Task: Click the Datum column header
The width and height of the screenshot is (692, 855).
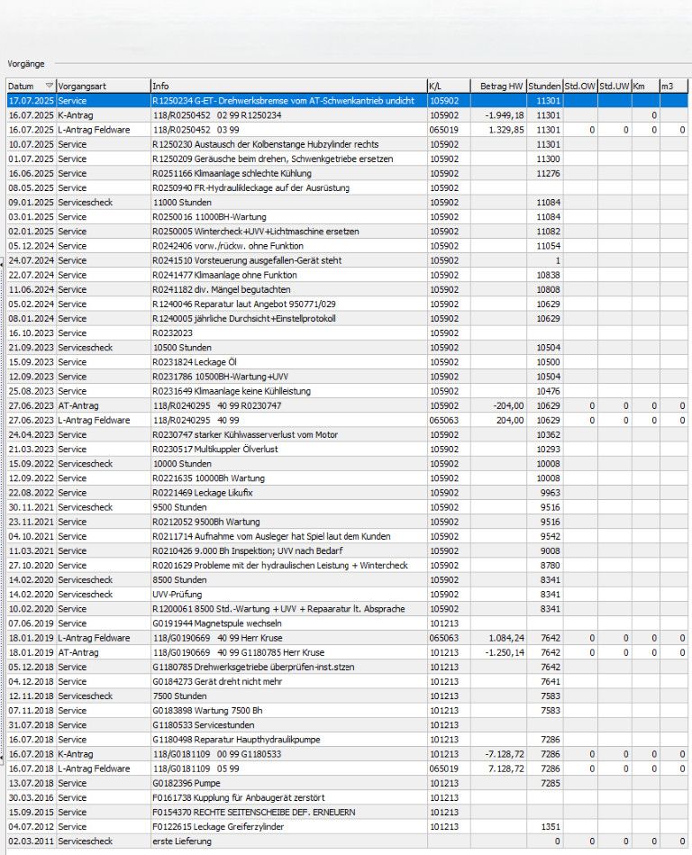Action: [x=22, y=86]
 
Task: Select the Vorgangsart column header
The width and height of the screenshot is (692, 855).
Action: [x=83, y=86]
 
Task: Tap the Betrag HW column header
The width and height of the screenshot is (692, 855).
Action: [x=503, y=86]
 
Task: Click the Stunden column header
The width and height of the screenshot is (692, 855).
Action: [x=544, y=86]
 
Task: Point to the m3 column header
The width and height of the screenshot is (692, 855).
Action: [x=668, y=86]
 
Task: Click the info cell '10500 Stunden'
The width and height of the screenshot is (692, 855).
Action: [x=182, y=348]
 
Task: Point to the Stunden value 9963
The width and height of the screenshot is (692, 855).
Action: [x=550, y=493]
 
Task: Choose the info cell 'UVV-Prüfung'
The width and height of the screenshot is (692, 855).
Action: [x=178, y=595]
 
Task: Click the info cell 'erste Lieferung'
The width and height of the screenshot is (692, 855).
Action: [x=183, y=841]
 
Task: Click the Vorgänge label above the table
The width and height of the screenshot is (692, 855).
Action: [x=25, y=64]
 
